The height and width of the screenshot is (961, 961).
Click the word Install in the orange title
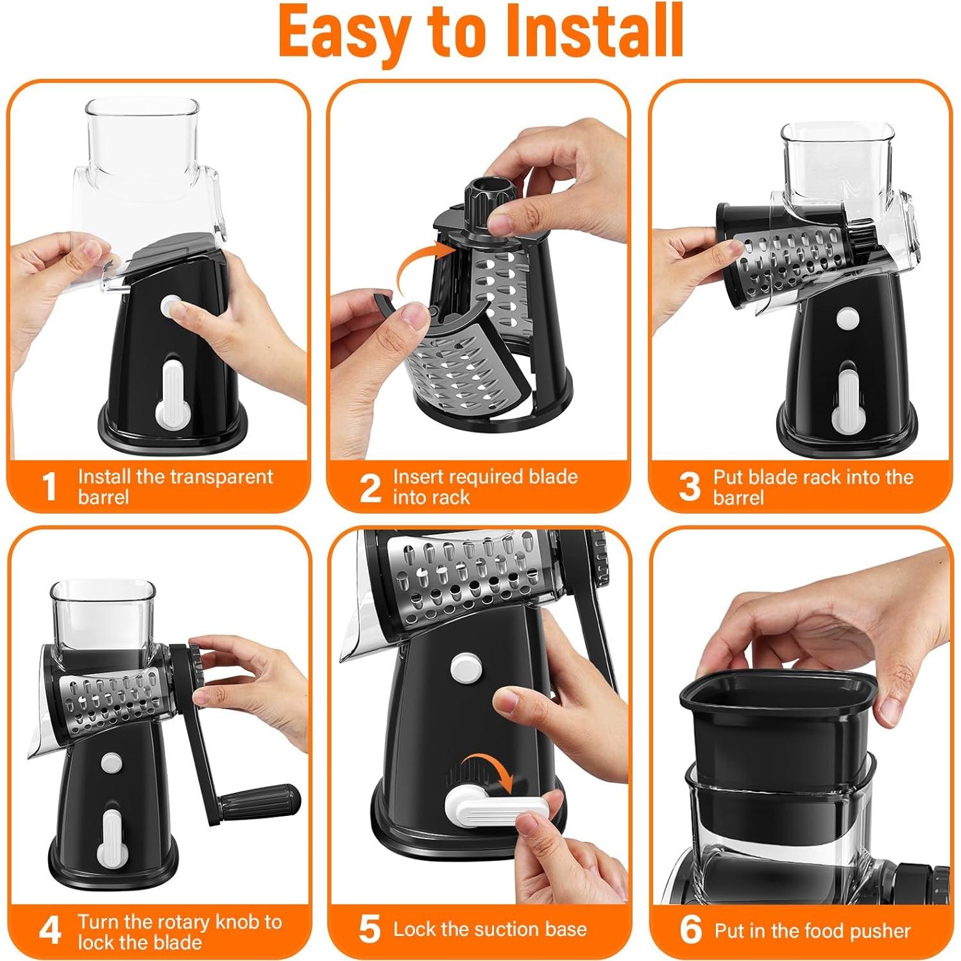coord(595,32)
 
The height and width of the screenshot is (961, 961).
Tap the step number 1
coord(50,487)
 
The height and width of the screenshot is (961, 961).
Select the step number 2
coord(370,488)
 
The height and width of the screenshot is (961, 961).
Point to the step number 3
coord(690,487)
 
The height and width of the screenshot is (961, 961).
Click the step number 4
coord(50,930)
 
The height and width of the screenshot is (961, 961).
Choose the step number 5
coord(370,930)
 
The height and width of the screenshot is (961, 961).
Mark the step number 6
coord(690,930)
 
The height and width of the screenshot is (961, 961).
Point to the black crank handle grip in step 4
coord(260,799)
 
